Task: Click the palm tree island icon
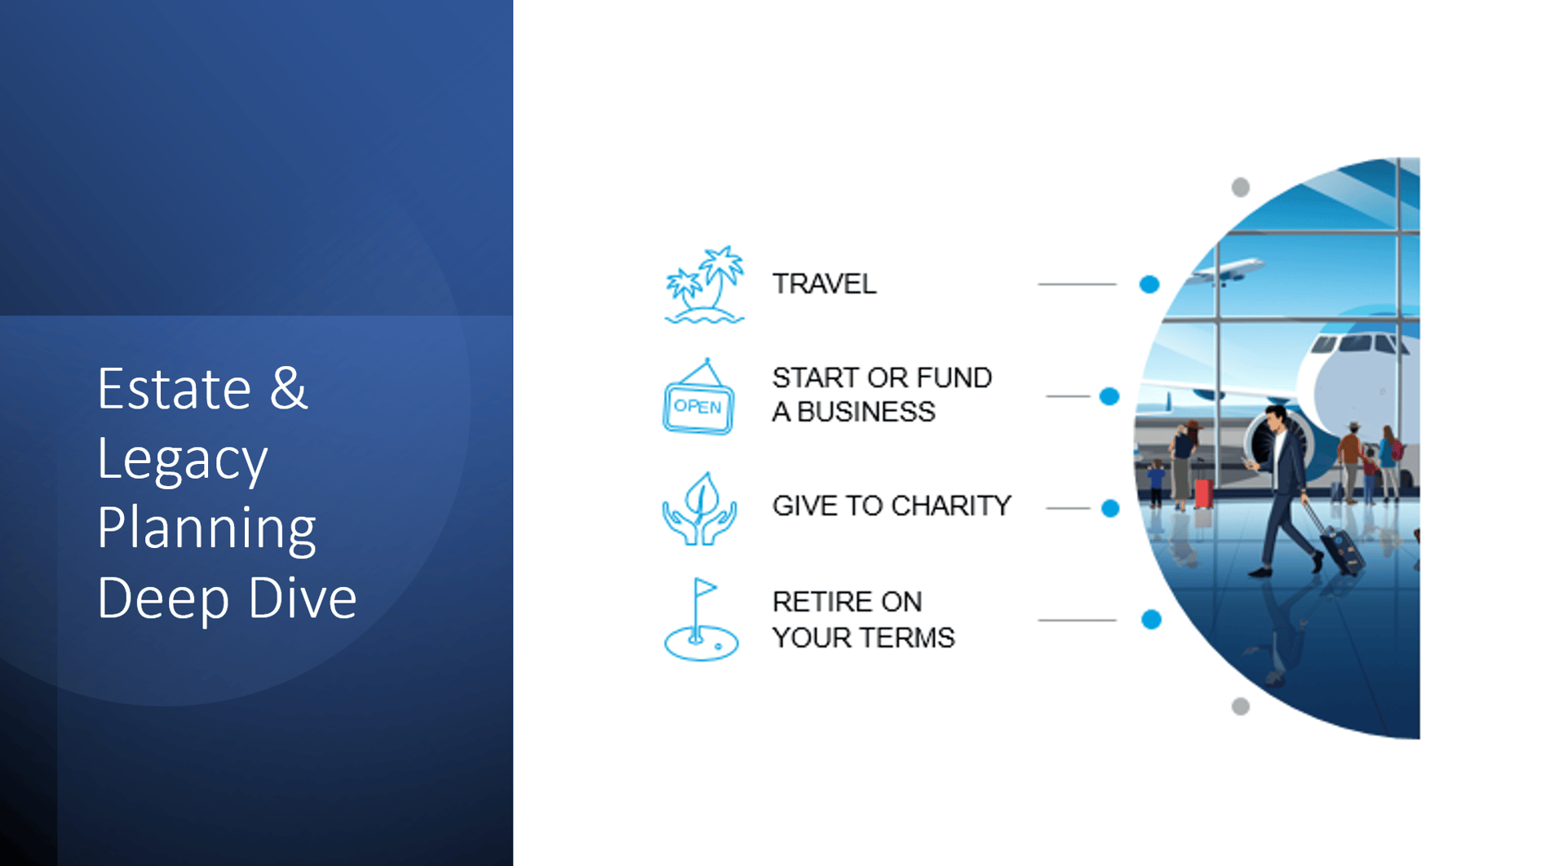pos(704,285)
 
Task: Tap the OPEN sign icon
pos(698,397)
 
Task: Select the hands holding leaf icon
pos(700,508)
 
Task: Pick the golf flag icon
pos(701,620)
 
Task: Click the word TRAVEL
pos(824,284)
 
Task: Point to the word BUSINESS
pos(866,412)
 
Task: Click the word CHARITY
pos(951,506)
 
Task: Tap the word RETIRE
pos(817,602)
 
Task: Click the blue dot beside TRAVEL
pos(1149,285)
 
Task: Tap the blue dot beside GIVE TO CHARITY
pos(1110,508)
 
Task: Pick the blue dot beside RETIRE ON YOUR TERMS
pos(1151,620)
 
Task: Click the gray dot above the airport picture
pos(1241,188)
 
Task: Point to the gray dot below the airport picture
pos(1241,706)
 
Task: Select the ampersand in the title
pos(289,388)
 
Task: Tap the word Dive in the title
pos(302,598)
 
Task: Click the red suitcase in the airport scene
pos(1203,493)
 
